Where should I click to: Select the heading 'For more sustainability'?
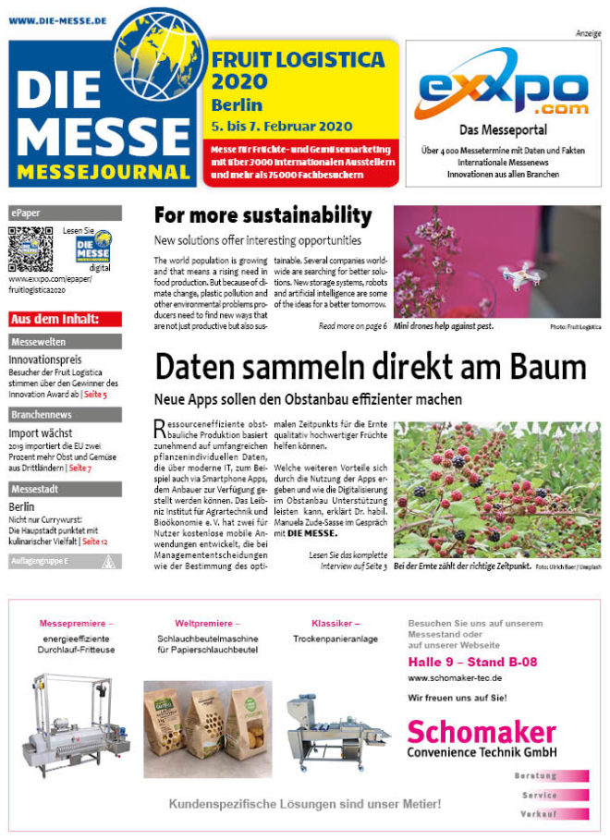click(x=262, y=216)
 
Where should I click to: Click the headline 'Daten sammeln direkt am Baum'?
click(x=370, y=366)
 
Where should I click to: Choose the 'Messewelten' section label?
click(x=65, y=342)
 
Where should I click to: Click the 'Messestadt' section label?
click(x=65, y=490)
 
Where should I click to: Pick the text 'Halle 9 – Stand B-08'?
click(x=472, y=662)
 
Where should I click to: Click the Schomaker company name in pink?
click(x=481, y=732)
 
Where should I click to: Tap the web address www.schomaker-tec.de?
click(x=455, y=678)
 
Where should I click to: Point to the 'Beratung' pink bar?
click(x=550, y=776)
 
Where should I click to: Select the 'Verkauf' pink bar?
click(x=550, y=813)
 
